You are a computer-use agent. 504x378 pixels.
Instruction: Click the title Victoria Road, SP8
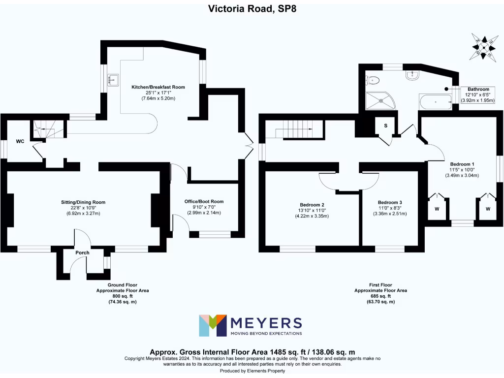click(252, 8)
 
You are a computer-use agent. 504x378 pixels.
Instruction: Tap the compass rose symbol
click(484, 48)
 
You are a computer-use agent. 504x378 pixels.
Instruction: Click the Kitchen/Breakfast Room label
click(158, 87)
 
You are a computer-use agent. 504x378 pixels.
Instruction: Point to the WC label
click(20, 142)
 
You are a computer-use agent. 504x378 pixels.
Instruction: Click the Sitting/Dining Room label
click(83, 202)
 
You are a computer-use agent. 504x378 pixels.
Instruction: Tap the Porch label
click(82, 253)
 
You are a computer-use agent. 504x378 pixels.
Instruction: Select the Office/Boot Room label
click(204, 201)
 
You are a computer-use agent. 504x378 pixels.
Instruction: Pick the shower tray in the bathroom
click(380, 100)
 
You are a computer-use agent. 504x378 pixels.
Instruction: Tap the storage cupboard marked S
click(385, 126)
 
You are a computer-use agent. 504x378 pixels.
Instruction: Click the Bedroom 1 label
click(462, 164)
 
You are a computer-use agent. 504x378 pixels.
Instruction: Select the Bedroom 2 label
click(312, 204)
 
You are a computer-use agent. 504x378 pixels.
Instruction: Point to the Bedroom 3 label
click(390, 202)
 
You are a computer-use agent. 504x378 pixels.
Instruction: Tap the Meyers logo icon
click(213, 325)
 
